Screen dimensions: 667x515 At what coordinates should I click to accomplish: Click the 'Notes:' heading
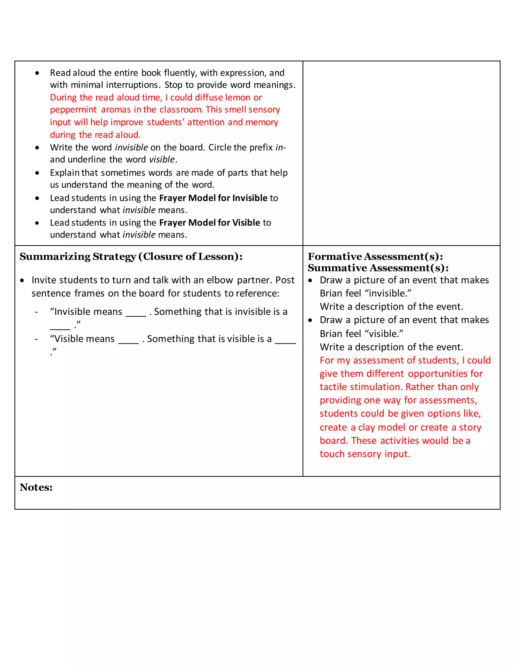point(36,487)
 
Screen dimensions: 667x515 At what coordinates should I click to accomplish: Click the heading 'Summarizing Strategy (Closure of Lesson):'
point(131,256)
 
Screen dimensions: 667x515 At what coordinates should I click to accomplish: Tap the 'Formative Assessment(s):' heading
point(375,256)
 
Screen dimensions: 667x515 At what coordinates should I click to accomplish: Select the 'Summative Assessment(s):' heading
point(378,268)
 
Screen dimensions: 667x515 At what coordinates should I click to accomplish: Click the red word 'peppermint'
point(73,110)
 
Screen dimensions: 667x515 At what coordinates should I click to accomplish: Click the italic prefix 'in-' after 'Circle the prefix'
point(280,147)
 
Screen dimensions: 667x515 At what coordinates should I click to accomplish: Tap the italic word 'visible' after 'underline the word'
point(162,159)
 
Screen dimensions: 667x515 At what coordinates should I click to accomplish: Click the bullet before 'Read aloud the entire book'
point(37,73)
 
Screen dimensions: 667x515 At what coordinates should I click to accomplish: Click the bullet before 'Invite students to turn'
point(22,280)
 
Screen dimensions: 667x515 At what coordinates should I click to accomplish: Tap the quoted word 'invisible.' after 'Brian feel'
point(388,293)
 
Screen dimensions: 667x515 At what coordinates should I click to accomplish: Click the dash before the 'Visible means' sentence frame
point(36,339)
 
